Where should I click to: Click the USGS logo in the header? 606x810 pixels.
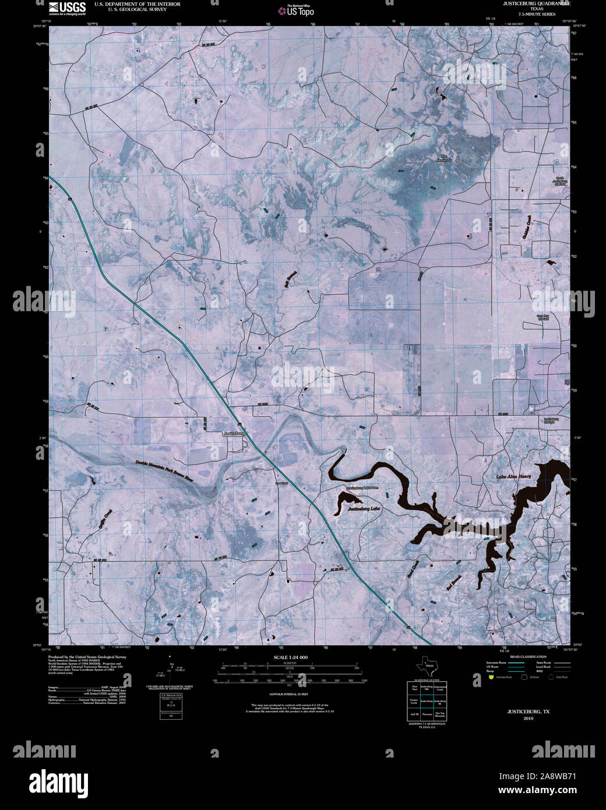click(x=67, y=8)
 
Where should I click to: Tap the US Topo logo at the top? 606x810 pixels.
click(x=300, y=10)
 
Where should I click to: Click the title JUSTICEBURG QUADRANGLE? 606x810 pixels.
click(x=538, y=4)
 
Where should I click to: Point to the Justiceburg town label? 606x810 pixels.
click(x=234, y=434)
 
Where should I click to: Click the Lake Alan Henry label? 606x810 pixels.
click(x=514, y=476)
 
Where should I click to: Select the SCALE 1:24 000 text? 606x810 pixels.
click(x=290, y=657)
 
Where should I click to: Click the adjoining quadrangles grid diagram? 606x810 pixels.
click(x=426, y=700)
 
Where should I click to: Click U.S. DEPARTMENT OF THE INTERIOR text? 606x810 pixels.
click(x=133, y=4)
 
